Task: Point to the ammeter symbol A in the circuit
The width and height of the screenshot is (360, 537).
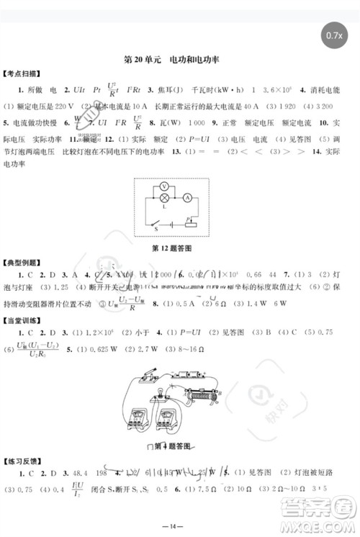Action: click(x=186, y=196)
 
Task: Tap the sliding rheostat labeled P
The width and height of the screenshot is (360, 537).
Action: click(x=189, y=222)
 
